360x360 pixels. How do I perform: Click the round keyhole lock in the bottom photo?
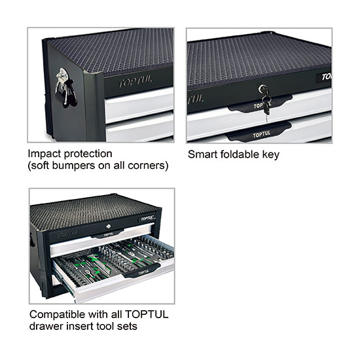click(x=109, y=226)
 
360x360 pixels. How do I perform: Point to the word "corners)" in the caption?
click(x=148, y=166)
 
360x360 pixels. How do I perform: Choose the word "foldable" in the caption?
click(x=240, y=154)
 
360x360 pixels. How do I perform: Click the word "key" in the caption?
click(x=271, y=154)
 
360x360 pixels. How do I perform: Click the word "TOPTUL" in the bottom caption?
click(x=147, y=314)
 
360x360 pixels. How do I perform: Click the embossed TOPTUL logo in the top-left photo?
click(x=135, y=82)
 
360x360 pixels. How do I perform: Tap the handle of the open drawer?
click(x=141, y=272)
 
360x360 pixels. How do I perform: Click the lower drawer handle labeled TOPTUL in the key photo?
click(x=260, y=133)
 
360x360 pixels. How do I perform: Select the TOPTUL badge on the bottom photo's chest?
click(x=147, y=219)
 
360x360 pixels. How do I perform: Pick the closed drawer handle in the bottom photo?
click(x=108, y=234)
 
